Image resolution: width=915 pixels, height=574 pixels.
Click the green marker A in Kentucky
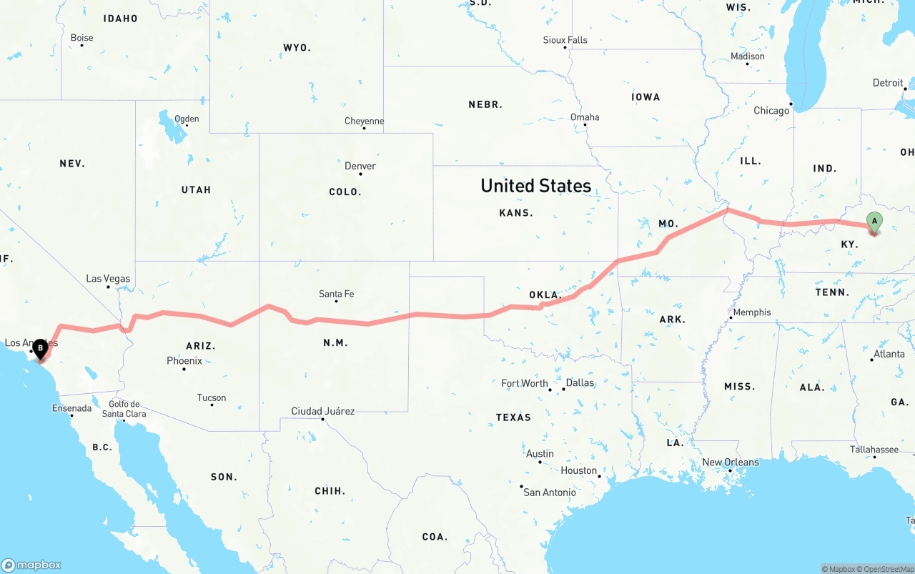(874, 222)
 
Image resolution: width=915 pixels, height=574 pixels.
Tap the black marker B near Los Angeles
(40, 348)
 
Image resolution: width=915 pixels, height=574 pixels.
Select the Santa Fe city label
(336, 294)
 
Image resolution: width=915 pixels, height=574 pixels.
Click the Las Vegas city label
(108, 278)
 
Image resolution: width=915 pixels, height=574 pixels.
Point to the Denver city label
(360, 166)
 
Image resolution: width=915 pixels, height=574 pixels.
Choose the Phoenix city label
(184, 361)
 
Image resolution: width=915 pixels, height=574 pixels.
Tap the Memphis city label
(751, 312)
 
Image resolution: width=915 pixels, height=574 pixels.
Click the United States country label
(535, 186)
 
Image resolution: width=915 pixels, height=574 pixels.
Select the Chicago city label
(771, 111)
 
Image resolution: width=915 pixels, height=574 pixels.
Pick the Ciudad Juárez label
(322, 411)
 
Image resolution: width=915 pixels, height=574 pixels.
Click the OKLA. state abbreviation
(545, 295)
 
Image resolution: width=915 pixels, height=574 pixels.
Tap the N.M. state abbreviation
(335, 343)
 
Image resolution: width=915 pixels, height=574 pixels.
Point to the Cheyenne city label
(364, 122)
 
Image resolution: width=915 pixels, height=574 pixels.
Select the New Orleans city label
(730, 462)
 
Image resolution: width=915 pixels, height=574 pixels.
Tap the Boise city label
(81, 38)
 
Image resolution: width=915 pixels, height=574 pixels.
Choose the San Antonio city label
(549, 493)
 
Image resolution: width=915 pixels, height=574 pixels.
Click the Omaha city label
(585, 117)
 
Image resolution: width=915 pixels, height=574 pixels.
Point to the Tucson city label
(212, 398)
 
